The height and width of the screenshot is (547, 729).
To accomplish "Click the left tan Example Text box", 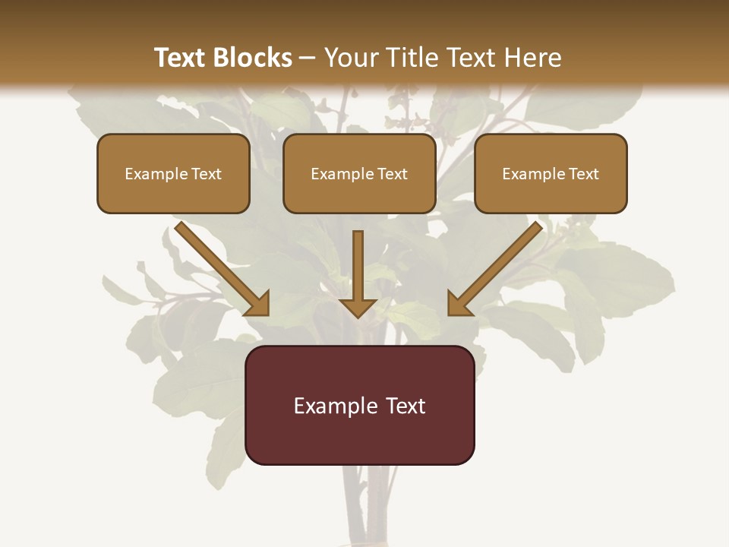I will [x=173, y=173].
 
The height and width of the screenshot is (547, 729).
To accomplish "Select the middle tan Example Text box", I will [x=359, y=173].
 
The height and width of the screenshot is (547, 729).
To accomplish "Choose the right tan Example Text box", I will [x=551, y=173].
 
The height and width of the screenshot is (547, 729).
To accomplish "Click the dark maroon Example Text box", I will [x=359, y=405].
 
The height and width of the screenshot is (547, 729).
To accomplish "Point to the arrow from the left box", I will [x=220, y=267].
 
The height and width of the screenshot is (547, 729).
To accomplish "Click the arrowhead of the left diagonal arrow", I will [x=258, y=304].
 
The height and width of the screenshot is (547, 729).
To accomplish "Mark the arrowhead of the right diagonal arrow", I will [x=459, y=304].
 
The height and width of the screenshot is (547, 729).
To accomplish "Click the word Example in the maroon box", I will [x=335, y=406].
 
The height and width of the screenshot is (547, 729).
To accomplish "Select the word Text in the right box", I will [x=584, y=174].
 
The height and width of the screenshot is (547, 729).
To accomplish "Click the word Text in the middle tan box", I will [x=392, y=174].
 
